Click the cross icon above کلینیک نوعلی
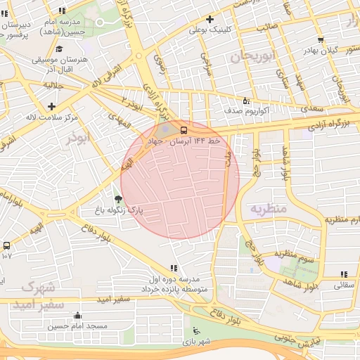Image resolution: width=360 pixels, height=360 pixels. coord(209,19)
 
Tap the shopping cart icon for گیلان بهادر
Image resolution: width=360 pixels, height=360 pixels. coord(321,40)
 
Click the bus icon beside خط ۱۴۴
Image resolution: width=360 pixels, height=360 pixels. coord(184,130)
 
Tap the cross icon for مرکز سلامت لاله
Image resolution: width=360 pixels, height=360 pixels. coord(51,106)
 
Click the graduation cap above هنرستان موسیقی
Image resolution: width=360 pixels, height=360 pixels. coord(59,49)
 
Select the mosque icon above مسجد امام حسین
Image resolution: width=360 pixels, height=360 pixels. coord(77,316)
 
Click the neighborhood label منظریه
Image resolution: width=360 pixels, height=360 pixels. coord(268,209)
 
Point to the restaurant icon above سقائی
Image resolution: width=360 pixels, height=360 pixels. coord(343,274)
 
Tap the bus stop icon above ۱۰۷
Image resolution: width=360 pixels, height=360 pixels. coord(6,245)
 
